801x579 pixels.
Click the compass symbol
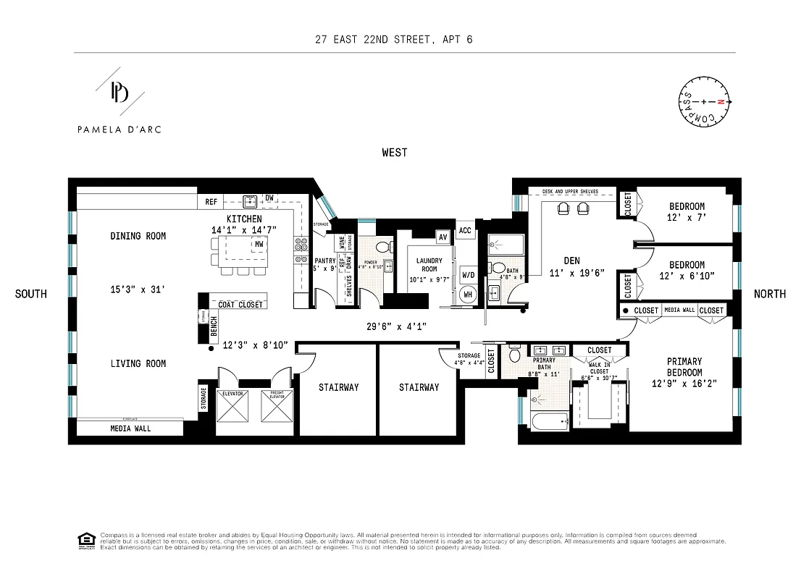[x=704, y=102]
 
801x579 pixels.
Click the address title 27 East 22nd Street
[x=395, y=40]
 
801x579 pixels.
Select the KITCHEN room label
[x=244, y=219]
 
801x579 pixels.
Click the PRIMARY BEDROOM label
[x=684, y=366]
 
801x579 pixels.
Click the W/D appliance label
[x=469, y=275]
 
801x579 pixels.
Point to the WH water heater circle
[x=468, y=295]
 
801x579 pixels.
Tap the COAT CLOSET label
[x=240, y=305]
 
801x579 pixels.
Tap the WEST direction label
[x=395, y=153]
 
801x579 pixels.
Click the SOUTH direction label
[x=31, y=294]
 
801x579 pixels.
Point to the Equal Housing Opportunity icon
[x=86, y=539]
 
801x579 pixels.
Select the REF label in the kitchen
[x=211, y=202]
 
